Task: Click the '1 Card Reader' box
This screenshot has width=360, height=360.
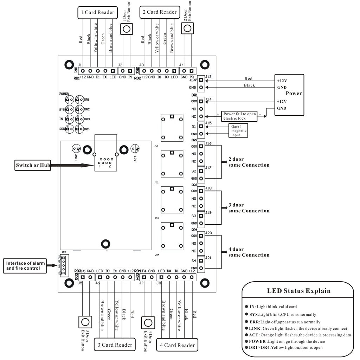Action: (98, 12)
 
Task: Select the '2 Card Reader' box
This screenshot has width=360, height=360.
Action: (159, 12)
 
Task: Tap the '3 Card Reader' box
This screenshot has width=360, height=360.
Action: (115, 345)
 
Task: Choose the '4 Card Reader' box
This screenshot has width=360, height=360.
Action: (177, 345)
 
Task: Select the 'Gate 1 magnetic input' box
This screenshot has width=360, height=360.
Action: (239, 130)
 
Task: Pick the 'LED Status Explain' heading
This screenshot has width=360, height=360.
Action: (299, 291)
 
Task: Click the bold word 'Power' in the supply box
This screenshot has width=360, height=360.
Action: (294, 94)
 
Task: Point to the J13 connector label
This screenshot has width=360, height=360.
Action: (208, 77)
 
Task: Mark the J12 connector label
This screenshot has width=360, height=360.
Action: (64, 252)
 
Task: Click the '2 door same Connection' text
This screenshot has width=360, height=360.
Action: (249, 162)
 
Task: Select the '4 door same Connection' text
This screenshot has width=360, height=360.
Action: (249, 252)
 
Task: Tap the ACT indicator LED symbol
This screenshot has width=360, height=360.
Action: (135, 149)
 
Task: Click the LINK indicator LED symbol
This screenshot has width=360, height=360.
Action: (77, 149)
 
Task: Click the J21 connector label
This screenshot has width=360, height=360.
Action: (208, 258)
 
